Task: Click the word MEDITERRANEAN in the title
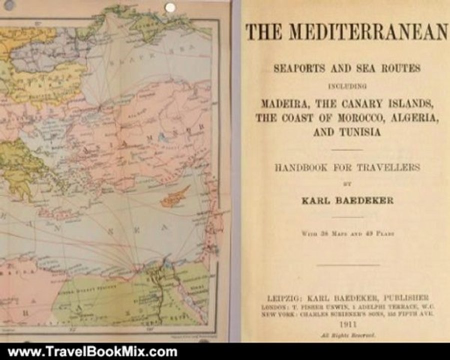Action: [367, 32]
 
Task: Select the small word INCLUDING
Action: [347, 86]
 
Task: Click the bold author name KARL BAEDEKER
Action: [347, 200]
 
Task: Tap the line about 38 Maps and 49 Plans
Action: [347, 233]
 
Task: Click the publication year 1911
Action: [347, 324]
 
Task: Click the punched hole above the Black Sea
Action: [170, 7]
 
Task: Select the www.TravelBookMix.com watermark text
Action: [93, 351]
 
